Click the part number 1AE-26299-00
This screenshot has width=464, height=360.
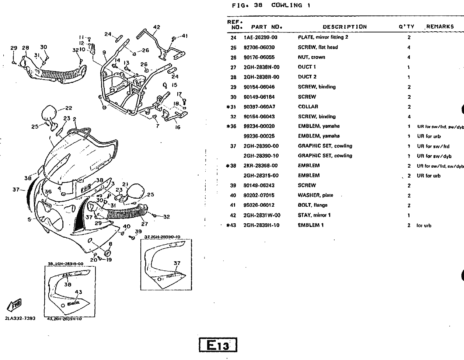[260, 38]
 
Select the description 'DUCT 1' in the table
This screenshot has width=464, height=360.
[307, 67]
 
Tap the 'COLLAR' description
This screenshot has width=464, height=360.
[308, 107]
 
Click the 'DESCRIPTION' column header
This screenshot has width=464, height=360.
[345, 27]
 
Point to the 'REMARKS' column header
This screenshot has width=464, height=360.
[440, 27]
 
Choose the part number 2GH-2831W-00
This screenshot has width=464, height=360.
[262, 216]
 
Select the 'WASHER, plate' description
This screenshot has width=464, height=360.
[313, 196]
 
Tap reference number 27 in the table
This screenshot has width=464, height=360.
[233, 67]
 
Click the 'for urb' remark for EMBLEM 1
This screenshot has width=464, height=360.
[424, 226]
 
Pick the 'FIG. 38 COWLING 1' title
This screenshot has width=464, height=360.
[272, 6]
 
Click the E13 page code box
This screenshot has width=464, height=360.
[218, 345]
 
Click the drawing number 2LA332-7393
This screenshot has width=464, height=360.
[20, 318]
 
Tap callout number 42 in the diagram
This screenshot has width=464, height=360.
[157, 27]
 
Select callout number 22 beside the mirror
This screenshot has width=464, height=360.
[69, 108]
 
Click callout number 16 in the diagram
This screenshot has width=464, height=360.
[178, 127]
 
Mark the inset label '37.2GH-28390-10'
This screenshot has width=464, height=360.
[162, 237]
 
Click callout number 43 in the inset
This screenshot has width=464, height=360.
[79, 292]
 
